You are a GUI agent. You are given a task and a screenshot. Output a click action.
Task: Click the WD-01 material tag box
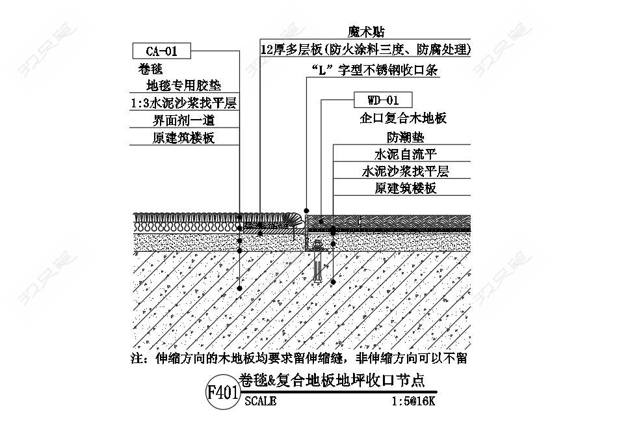pyautogui.click(x=382, y=100)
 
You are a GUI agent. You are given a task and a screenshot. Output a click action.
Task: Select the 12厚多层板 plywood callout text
pyautogui.click(x=365, y=49)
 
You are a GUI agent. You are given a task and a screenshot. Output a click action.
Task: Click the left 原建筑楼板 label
pyautogui.click(x=184, y=138)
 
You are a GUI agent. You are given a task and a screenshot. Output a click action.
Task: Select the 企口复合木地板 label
pyautogui.click(x=404, y=119)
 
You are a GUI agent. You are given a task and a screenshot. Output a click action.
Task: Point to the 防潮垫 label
pyautogui.click(x=405, y=137)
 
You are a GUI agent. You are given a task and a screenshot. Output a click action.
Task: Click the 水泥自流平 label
pyautogui.click(x=405, y=155)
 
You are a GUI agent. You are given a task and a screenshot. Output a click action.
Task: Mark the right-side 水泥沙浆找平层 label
pyautogui.click(x=405, y=172)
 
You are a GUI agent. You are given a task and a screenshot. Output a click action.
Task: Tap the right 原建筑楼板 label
pyautogui.click(x=405, y=189)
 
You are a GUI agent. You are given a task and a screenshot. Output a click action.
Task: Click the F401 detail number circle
pyautogui.click(x=222, y=393)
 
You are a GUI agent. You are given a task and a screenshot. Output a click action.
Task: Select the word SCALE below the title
pyautogui.click(x=260, y=402)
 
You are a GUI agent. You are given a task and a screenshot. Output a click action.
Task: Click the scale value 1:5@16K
pyautogui.click(x=414, y=402)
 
